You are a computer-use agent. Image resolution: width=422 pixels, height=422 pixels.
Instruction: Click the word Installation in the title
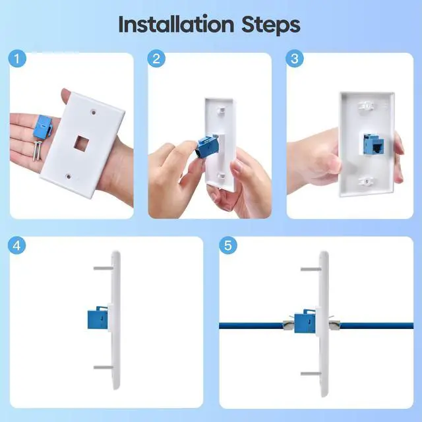tap(176, 24)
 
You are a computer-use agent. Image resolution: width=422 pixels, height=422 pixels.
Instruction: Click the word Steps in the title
tap(271, 25)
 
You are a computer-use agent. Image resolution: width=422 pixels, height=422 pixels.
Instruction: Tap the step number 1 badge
tap(17, 59)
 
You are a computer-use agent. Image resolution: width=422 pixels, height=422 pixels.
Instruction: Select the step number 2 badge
tap(156, 59)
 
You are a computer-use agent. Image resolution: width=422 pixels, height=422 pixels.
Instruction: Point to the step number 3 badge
tap(295, 59)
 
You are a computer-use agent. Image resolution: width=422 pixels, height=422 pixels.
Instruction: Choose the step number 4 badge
tap(16, 245)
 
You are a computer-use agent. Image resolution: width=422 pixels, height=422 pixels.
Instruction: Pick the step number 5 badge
tap(228, 245)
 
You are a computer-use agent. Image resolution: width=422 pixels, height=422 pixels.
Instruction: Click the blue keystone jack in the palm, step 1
tap(44, 129)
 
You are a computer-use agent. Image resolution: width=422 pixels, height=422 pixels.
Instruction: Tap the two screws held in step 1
tap(38, 151)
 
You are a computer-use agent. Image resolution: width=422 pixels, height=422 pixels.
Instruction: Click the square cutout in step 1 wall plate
tap(80, 143)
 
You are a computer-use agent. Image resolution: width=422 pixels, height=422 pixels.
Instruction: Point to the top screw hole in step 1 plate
tap(94, 112)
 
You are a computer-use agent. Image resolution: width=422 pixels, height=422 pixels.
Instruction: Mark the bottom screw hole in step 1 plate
tap(69, 177)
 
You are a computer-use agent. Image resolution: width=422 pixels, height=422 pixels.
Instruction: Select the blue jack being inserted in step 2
tap(208, 148)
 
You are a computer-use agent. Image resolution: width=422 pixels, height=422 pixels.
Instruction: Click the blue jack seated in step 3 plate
tap(373, 144)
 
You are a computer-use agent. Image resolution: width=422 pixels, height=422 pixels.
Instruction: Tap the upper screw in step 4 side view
tap(104, 268)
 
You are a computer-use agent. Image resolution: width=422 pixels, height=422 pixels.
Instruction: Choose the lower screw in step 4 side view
tap(104, 367)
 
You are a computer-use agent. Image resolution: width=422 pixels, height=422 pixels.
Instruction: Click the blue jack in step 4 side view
tap(98, 318)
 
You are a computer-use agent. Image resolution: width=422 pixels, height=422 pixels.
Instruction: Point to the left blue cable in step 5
tap(251, 326)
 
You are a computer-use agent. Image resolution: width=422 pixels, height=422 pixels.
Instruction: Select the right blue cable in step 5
tap(377, 326)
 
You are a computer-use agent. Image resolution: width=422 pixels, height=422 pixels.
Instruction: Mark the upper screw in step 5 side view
tap(311, 269)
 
